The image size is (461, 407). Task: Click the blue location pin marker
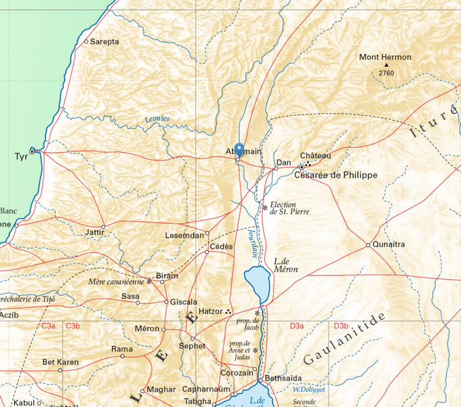coord(239,150)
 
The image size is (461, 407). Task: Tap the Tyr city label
coord(21,157)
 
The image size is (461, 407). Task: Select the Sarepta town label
coord(104,41)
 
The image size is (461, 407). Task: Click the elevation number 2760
coord(386,73)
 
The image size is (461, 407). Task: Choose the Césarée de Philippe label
coord(335,175)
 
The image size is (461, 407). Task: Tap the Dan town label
coord(283,163)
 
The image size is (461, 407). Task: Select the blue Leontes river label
coord(157,119)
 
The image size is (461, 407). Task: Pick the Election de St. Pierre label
coord(289,208)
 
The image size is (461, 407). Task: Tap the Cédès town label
coord(222,246)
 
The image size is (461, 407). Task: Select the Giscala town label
coord(184,302)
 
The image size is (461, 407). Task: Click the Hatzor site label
coord(211,311)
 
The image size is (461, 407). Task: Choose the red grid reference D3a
coord(296,326)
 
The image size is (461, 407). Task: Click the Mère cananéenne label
coord(116,281)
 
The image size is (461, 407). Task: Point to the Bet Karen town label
coord(60,362)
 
